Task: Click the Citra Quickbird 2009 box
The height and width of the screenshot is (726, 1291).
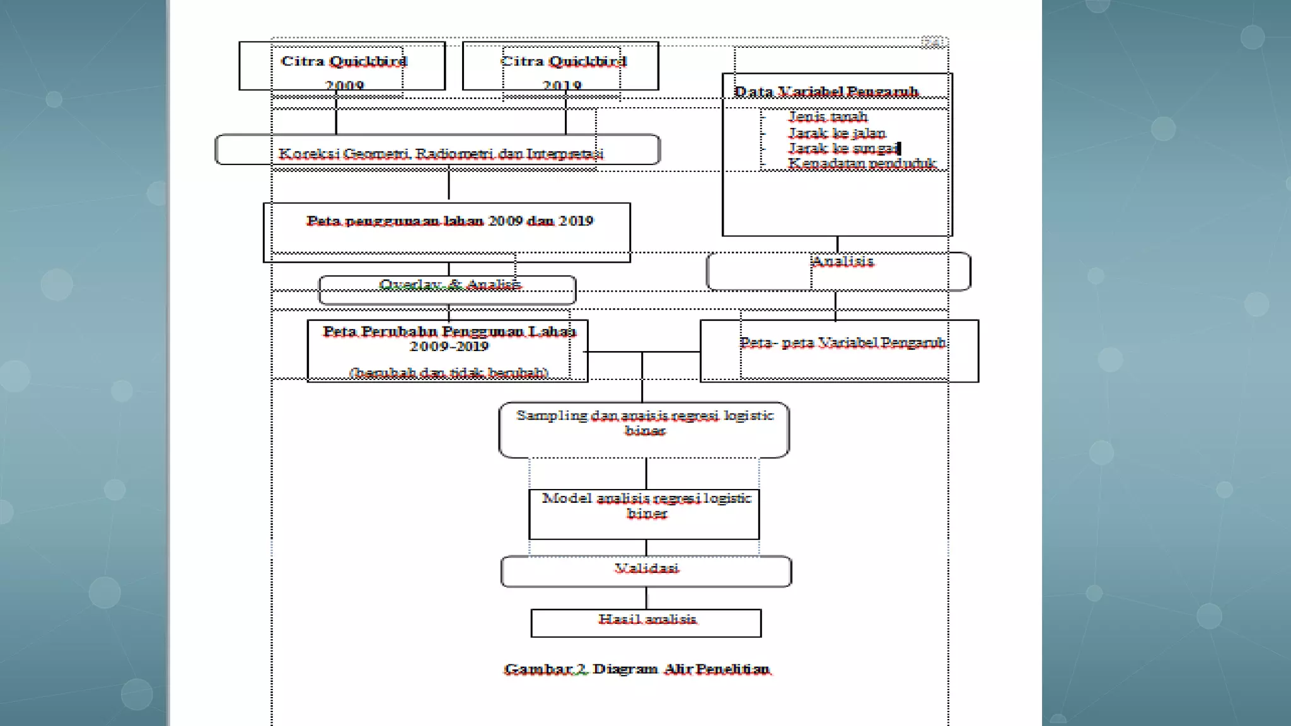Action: tap(342, 66)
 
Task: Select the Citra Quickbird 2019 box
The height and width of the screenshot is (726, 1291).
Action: tap(560, 66)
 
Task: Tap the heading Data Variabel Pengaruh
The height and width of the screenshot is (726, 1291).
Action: tap(826, 92)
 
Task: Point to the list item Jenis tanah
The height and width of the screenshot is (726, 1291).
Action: tap(828, 117)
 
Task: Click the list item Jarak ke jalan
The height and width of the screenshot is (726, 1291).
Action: tap(837, 133)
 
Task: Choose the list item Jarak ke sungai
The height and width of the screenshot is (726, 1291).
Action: tap(843, 149)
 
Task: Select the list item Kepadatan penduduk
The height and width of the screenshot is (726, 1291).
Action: tap(862, 163)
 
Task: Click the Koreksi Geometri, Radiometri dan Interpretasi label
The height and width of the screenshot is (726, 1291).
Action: tap(441, 154)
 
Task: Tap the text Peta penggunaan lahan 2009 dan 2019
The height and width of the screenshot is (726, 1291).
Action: tap(449, 221)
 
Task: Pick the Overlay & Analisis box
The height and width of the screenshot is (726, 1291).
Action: tap(448, 289)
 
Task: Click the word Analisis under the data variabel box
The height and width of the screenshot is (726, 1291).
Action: tap(843, 262)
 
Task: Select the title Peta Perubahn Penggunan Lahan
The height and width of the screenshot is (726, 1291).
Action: tap(449, 331)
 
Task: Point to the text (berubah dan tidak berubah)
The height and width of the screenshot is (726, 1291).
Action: tap(449, 372)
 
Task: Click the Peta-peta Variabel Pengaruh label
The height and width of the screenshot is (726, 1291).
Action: tap(843, 343)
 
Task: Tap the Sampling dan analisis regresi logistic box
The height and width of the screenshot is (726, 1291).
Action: tap(644, 429)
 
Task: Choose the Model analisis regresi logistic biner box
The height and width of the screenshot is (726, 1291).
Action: tap(644, 513)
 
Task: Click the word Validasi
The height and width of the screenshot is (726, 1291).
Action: tap(647, 569)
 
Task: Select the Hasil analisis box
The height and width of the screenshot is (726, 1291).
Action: tap(647, 622)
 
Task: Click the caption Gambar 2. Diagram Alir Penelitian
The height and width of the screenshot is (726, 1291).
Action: tap(637, 669)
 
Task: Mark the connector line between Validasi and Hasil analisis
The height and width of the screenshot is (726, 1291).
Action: tap(647, 598)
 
